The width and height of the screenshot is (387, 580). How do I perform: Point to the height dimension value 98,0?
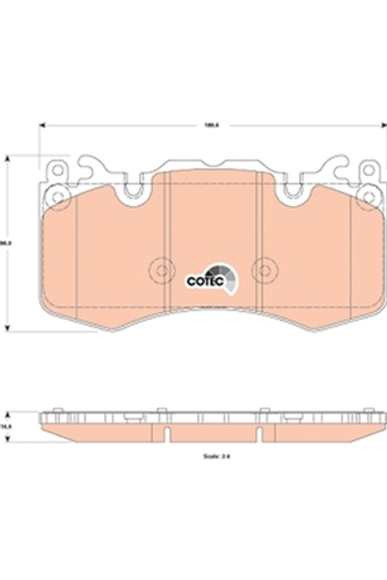point(9,244)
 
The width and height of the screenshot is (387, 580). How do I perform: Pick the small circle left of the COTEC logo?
point(161,272)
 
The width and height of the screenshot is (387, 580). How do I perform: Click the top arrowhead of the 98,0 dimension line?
point(9,155)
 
